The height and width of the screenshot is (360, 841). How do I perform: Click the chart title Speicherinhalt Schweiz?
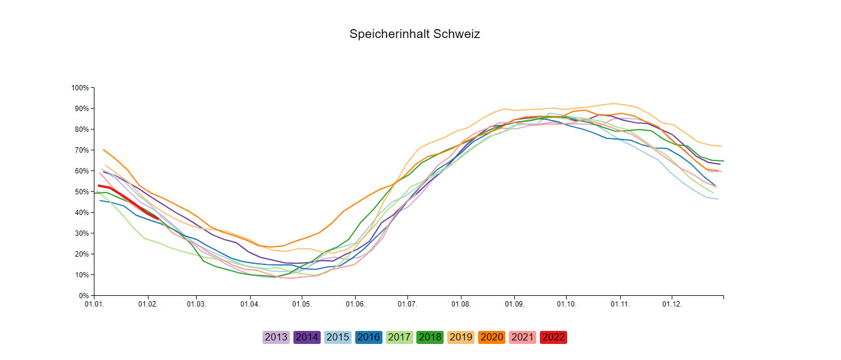point(415,34)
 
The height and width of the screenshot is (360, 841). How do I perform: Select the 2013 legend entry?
point(276,337)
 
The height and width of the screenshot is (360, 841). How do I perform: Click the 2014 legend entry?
point(307,337)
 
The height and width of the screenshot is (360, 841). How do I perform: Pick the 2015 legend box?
point(338,337)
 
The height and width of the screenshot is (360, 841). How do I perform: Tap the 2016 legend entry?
point(369,337)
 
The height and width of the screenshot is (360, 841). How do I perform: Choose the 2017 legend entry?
point(400,337)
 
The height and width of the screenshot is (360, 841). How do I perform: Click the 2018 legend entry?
point(431,337)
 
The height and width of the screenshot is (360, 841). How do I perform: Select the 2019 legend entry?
point(461,337)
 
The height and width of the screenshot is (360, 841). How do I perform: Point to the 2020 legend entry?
point(492,337)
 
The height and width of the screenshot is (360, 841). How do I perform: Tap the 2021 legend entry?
point(523,337)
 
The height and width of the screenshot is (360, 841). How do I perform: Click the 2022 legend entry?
point(554,337)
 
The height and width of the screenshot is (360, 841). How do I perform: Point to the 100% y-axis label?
point(80,88)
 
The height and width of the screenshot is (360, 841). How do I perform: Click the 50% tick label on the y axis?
point(81,192)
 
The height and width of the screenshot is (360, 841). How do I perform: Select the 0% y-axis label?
point(83,296)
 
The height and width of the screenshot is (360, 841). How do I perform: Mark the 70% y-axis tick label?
point(81,150)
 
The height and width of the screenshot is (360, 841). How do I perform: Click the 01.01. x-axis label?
point(94,304)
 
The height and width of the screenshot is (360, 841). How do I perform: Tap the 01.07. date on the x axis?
point(407,304)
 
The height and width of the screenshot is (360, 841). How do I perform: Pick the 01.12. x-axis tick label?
point(672,304)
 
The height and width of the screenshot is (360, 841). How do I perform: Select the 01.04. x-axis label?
point(250,304)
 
